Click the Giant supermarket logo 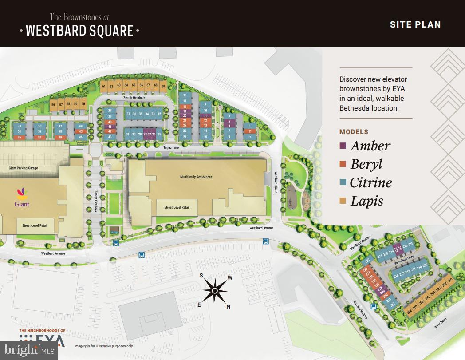pyautogui.click(x=22, y=195)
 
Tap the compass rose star pyautogui.click(x=215, y=291)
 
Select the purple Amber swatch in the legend pyautogui.click(x=343, y=146)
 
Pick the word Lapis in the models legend pyautogui.click(x=366, y=201)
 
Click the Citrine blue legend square pyautogui.click(x=343, y=182)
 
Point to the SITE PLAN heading pyautogui.click(x=415, y=24)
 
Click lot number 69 pyautogui.click(x=163, y=86)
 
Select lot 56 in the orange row pyautogui.click(x=53, y=105)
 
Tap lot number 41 pyautogui.click(x=110, y=127)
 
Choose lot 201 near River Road pyautogui.click(x=450, y=281)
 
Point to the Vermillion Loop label pyautogui.click(x=404, y=257)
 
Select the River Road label pyautogui.click(x=441, y=323)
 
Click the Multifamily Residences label pyautogui.click(x=196, y=177)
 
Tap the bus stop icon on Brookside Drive pyautogui.click(x=374, y=306)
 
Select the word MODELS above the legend pyautogui.click(x=354, y=132)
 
